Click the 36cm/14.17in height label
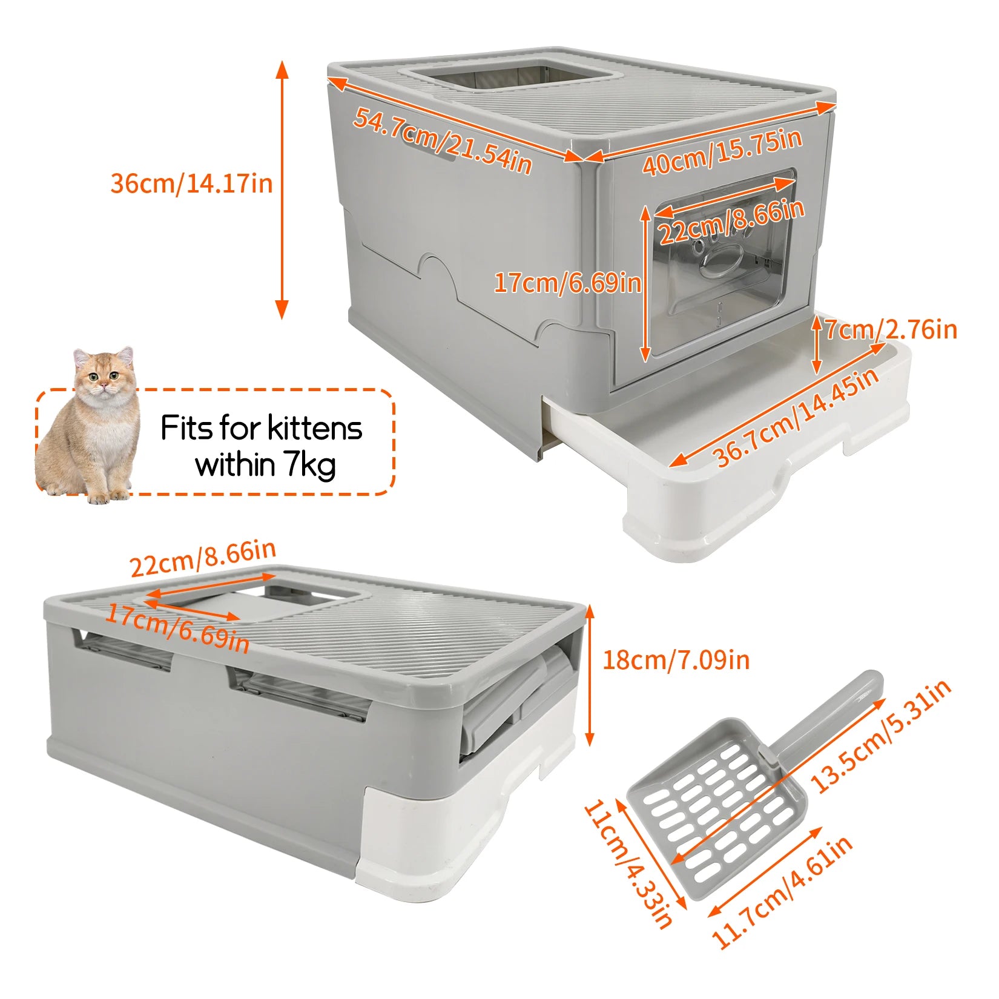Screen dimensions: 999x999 [x=191, y=183]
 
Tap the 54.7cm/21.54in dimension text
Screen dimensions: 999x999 [x=442, y=140]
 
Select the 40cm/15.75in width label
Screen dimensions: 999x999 [x=722, y=151]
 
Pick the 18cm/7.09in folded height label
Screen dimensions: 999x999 [x=676, y=659]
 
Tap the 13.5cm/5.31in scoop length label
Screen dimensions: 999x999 [x=881, y=736]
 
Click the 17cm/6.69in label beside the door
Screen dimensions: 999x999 [x=567, y=283]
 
